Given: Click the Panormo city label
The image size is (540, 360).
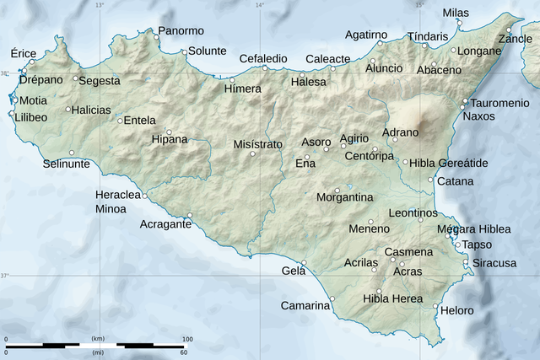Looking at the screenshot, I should click(x=181, y=31).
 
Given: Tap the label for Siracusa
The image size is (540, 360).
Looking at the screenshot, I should click(x=494, y=263).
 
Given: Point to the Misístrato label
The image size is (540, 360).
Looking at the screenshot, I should click(x=258, y=144).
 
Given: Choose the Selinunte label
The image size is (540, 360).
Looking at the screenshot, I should click(x=67, y=164).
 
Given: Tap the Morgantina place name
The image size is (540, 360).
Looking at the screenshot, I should click(x=344, y=197).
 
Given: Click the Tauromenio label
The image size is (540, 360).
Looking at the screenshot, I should click(x=494, y=103).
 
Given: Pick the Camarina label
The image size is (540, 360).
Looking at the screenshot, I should click(x=305, y=305).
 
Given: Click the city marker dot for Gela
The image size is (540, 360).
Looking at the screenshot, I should click(x=304, y=262).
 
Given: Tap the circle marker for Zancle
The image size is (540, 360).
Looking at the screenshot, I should click(x=509, y=30).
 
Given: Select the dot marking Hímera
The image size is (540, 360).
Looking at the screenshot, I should click(x=232, y=79).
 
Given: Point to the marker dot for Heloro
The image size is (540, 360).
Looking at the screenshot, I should click(x=435, y=306).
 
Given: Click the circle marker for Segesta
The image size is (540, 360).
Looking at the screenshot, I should click(x=75, y=78).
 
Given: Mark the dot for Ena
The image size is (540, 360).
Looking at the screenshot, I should click(x=307, y=157).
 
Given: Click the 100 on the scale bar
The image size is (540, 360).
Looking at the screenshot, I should click(x=188, y=339).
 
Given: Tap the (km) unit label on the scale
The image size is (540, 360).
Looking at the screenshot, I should click(x=98, y=339).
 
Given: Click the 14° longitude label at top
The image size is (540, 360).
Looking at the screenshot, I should click(x=259, y=5).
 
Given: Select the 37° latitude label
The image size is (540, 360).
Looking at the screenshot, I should click(x=4, y=276).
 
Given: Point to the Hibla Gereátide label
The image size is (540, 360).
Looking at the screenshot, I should click(x=448, y=163).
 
